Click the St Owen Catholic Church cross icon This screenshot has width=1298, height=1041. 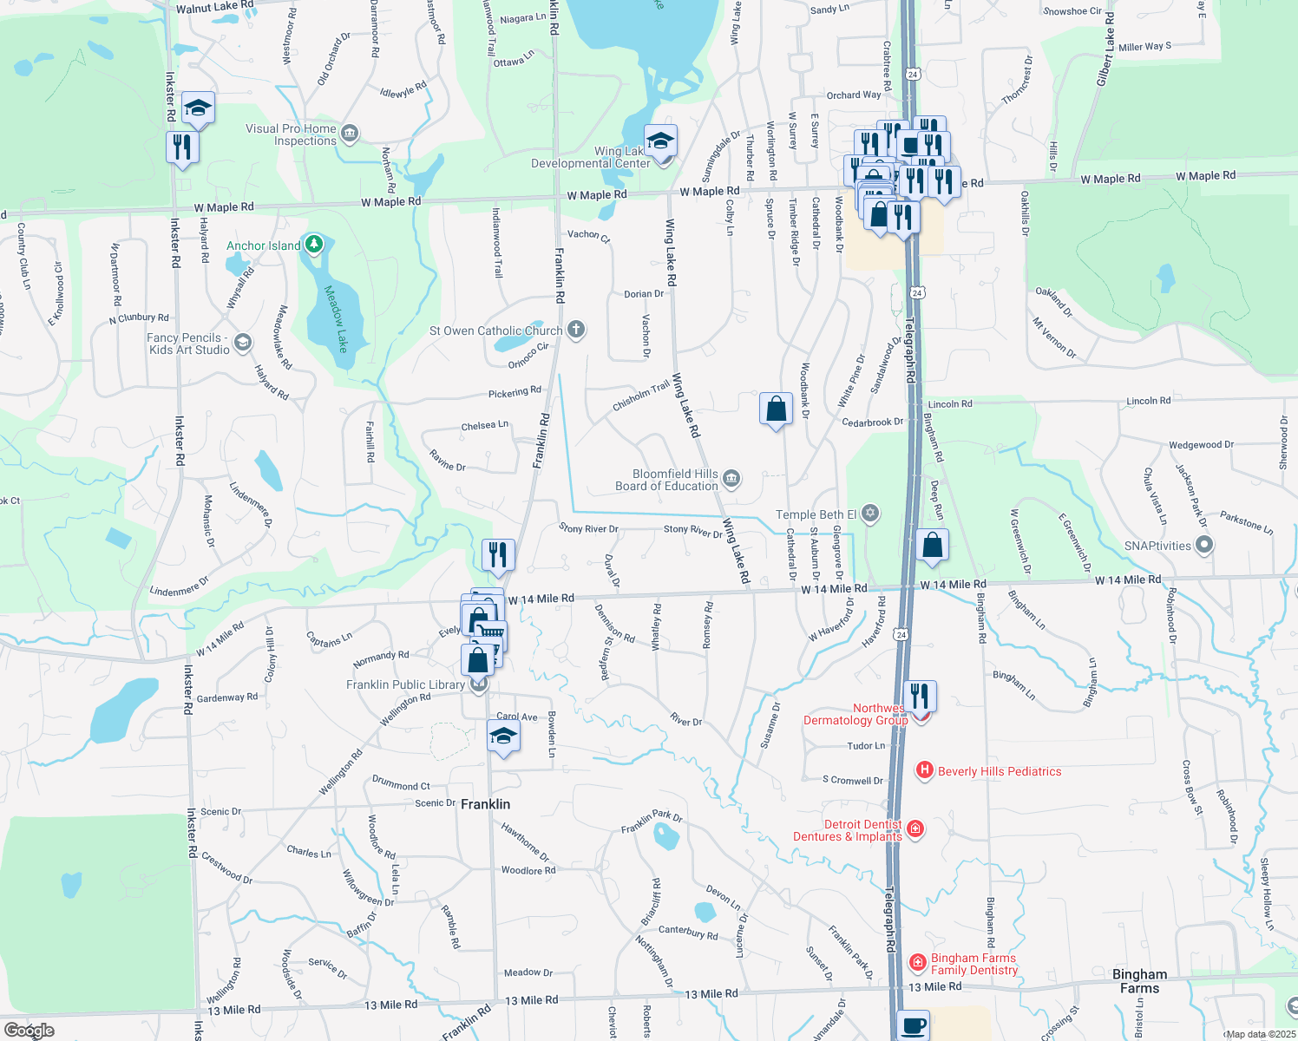[576, 330]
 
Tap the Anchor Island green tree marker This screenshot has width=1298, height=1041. [314, 245]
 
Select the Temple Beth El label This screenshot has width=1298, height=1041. [816, 514]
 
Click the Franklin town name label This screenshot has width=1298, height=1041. [485, 804]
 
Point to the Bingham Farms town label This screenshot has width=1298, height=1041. [1139, 981]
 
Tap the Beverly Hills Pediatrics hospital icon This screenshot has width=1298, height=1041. [925, 770]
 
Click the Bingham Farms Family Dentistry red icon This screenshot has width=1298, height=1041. [917, 962]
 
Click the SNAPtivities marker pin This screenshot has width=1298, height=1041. [1203, 545]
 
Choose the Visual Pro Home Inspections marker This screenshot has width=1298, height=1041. [350, 134]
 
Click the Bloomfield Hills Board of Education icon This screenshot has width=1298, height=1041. [731, 479]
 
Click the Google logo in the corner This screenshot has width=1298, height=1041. [29, 1031]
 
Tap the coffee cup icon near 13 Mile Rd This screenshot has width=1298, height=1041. [913, 1025]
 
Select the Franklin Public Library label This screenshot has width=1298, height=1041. [405, 684]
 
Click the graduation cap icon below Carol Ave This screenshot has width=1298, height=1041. [503, 737]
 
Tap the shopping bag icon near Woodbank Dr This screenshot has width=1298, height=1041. [776, 408]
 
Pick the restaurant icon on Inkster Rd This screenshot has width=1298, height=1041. [182, 147]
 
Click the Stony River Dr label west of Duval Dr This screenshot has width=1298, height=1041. [588, 528]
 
